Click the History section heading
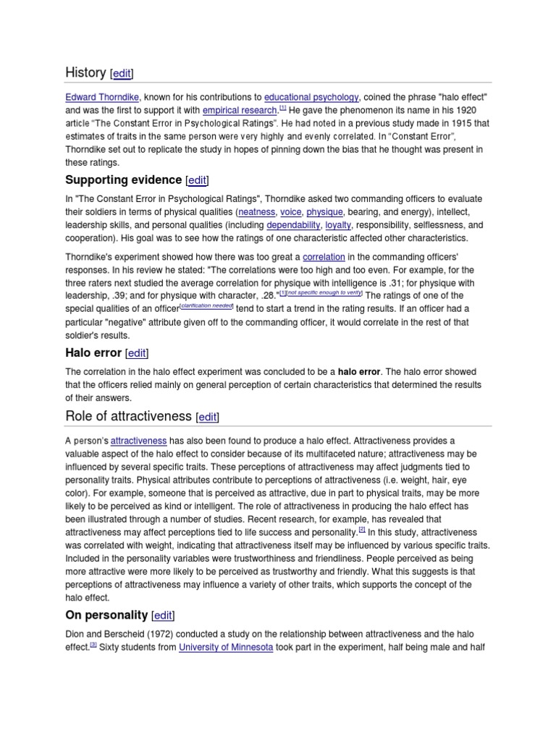(85, 72)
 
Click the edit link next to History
(121, 73)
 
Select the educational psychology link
(311, 97)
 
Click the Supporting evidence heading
(123, 179)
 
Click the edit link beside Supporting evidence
(198, 180)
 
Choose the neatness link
(257, 212)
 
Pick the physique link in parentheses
(324, 212)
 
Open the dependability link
(293, 225)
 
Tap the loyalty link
(338, 225)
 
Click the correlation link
(324, 256)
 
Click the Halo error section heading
(93, 352)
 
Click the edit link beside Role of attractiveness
(207, 417)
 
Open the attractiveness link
(138, 440)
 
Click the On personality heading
(106, 615)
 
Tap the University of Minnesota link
(226, 647)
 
